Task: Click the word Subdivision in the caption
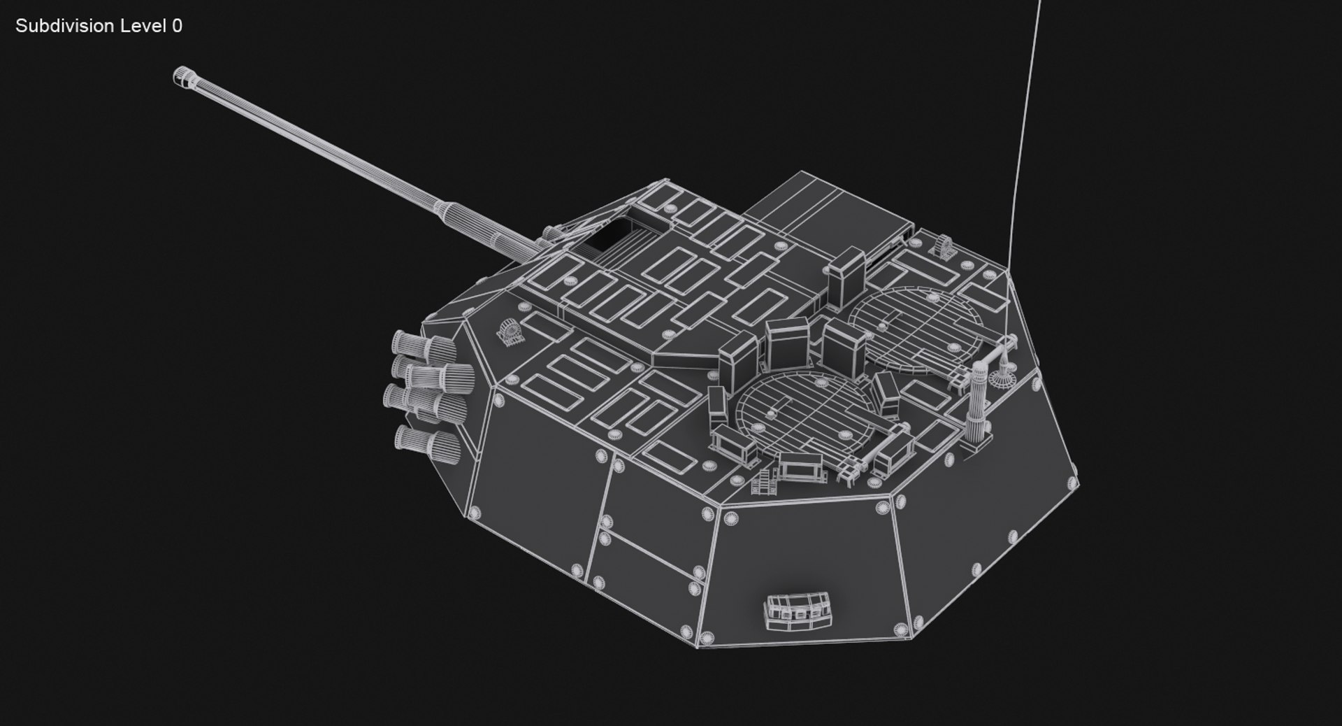click(x=64, y=26)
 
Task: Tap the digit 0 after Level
click(x=177, y=26)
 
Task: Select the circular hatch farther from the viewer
click(x=916, y=325)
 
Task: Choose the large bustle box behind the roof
click(x=828, y=210)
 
